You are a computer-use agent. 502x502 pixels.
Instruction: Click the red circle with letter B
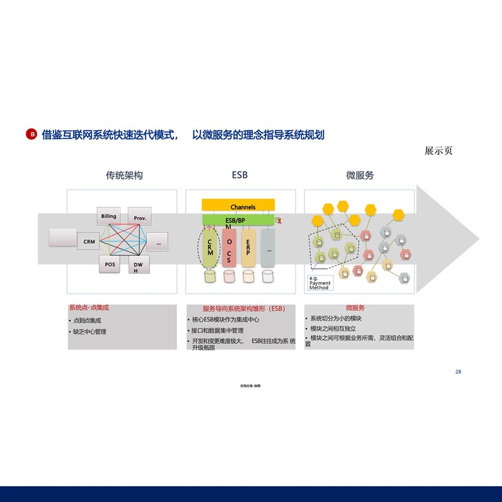[31, 134]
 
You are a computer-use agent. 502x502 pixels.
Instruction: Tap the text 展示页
[439, 151]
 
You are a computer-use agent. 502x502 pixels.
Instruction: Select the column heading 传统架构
[124, 176]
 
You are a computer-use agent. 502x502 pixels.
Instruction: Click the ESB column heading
[240, 175]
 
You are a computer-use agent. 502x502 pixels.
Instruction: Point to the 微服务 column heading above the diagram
[360, 176]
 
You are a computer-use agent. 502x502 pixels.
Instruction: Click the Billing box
[109, 216]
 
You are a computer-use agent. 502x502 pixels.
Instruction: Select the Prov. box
[140, 218]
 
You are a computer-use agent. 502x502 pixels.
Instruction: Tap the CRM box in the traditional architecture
[89, 242]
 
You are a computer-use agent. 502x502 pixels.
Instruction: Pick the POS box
[110, 265]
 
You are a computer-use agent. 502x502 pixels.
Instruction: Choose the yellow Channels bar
[238, 206]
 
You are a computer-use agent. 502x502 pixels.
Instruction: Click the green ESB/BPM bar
[238, 220]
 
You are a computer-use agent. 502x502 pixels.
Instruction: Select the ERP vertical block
[248, 247]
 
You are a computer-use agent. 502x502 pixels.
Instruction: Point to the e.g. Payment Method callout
[319, 283]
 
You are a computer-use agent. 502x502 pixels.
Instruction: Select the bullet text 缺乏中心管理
[90, 331]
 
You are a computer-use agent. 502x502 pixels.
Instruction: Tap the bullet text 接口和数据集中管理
[218, 331]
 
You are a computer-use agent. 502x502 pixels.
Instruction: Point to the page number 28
[458, 372]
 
